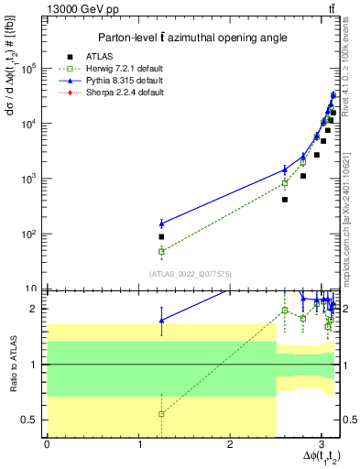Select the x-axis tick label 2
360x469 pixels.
230,444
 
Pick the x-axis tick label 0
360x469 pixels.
47,444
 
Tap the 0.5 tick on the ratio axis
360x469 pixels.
34,420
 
